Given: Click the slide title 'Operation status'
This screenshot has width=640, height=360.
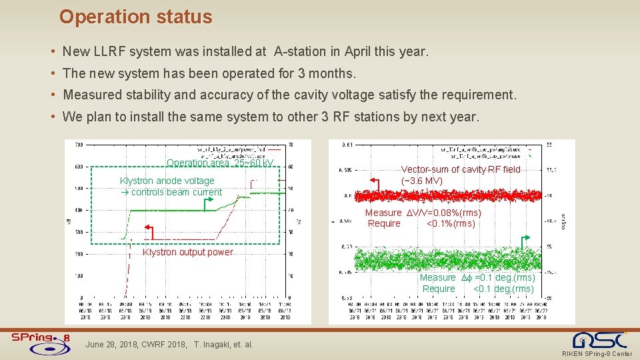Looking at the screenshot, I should pos(135,17).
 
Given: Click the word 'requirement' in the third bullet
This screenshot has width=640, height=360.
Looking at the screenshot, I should pos(478,95).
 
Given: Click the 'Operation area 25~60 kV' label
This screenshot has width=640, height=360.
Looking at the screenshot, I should pos(220,163).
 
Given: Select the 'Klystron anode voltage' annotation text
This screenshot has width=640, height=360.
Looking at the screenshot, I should pos(167,181).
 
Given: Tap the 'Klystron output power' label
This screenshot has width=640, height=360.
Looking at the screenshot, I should pos(188,252).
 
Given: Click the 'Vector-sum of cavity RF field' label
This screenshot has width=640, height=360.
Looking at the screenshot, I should pos(460,169).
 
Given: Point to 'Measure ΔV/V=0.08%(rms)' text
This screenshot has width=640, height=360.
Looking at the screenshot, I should pos(423,213).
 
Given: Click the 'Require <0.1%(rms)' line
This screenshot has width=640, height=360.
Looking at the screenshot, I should pos(421,223).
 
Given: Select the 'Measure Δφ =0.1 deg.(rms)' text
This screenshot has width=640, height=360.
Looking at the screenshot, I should pos(477,277).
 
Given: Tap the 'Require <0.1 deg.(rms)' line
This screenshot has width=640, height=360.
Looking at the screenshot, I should pos(477,289).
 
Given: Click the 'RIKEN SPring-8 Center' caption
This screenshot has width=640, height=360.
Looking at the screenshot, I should pos(597,353).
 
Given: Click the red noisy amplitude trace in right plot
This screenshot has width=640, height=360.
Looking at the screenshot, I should pos(453,196).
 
